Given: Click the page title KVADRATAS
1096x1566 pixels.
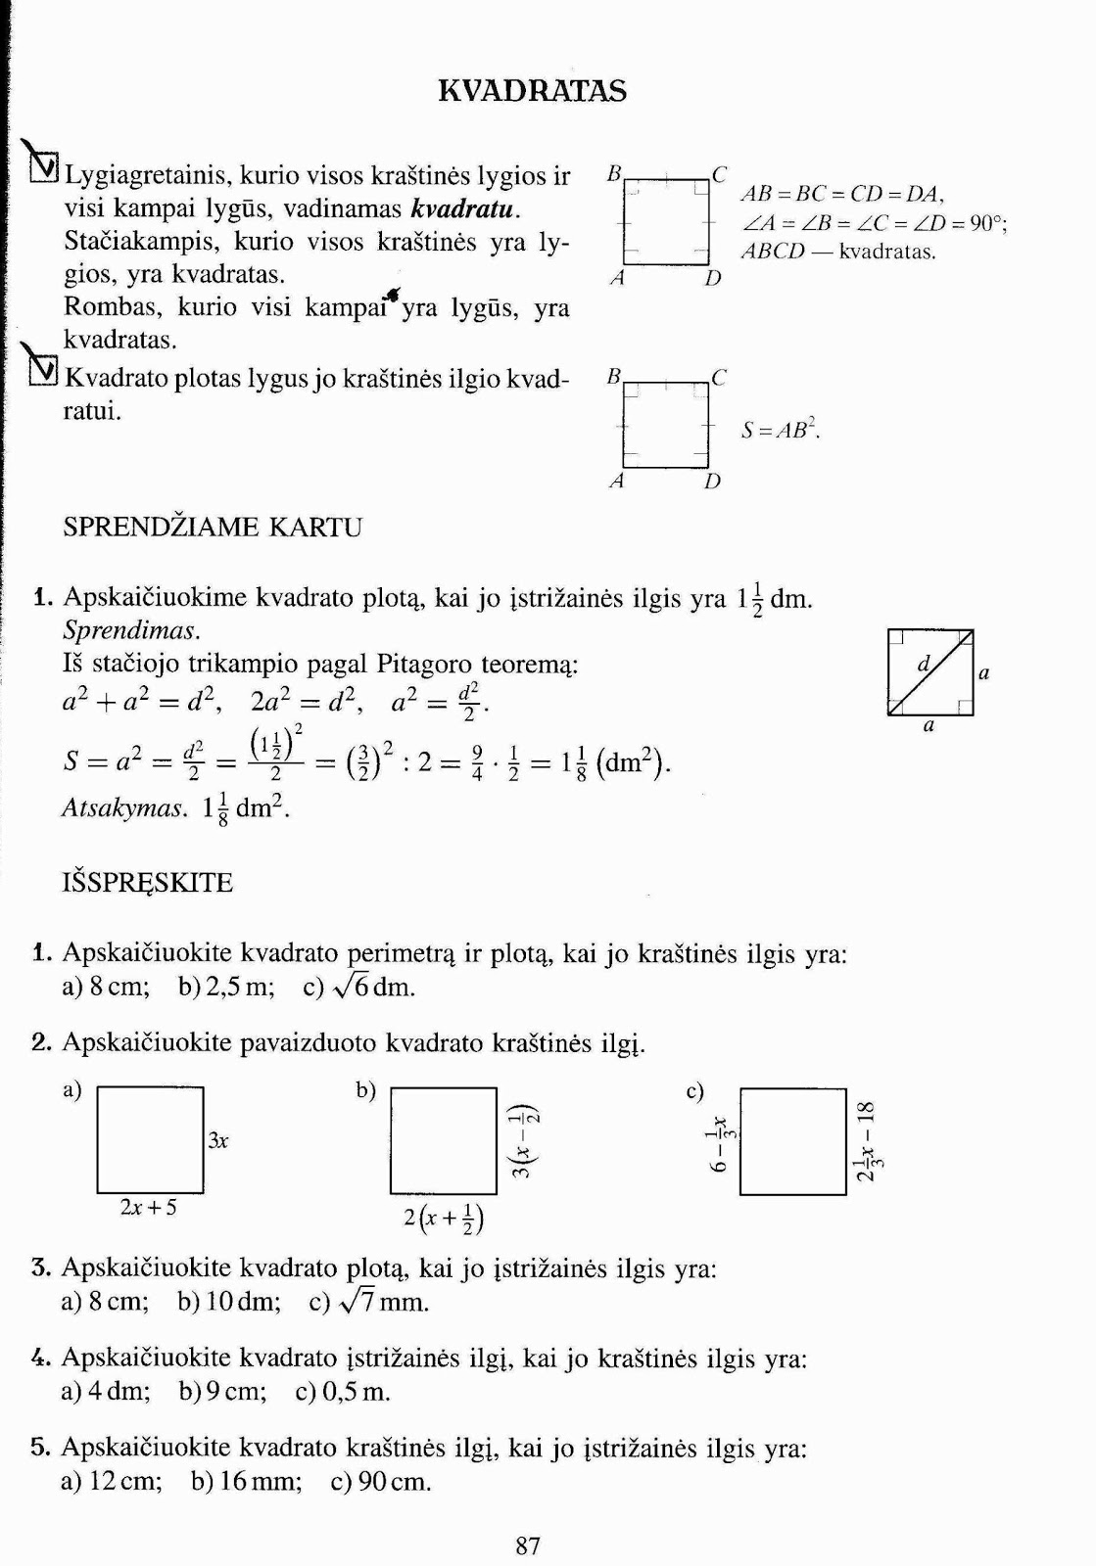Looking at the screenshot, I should [532, 91].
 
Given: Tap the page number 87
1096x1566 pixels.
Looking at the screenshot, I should [528, 1545].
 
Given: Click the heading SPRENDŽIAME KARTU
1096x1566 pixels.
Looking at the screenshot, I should [213, 528].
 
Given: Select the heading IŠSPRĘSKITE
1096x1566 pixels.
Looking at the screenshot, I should [148, 883].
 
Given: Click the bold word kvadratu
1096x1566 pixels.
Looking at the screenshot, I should [464, 209].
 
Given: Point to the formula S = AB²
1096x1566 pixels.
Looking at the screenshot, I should [781, 430].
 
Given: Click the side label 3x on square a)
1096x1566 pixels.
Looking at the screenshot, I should [218, 1141].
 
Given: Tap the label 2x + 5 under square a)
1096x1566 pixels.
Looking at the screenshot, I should [149, 1208].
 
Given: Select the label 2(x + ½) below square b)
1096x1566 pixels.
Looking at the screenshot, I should [444, 1219].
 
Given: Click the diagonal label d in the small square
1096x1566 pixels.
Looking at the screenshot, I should [923, 665].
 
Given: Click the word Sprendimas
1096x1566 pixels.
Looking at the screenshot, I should [131, 630].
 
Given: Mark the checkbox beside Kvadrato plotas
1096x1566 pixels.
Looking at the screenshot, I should [44, 370].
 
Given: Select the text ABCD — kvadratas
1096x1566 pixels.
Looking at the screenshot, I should [838, 252].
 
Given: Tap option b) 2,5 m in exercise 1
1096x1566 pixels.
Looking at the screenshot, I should [226, 987].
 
